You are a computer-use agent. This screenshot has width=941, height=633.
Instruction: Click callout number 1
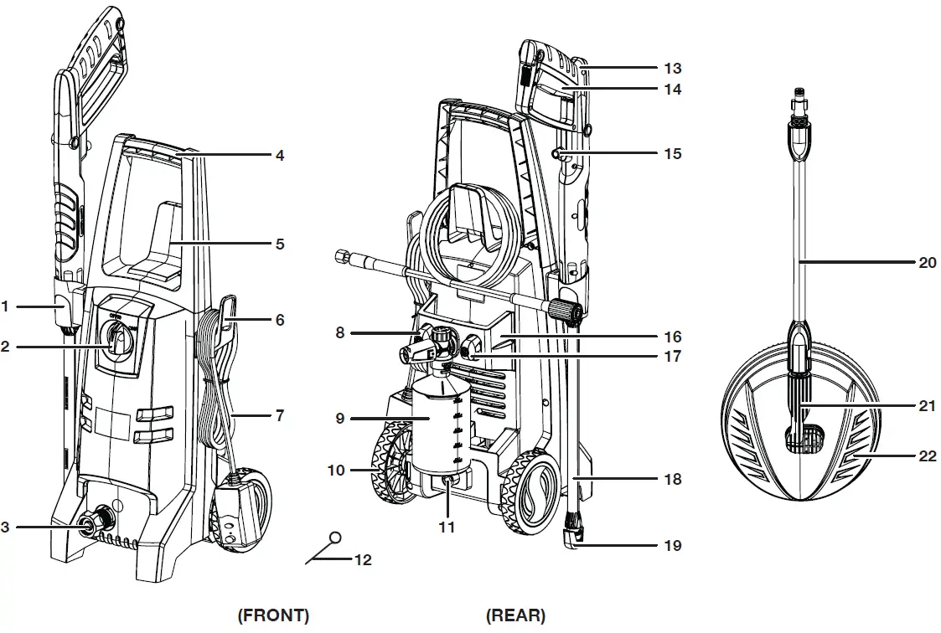[x=5, y=307]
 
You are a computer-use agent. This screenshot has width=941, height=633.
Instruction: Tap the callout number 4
[x=280, y=155]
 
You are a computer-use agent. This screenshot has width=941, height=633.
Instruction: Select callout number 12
[x=364, y=560]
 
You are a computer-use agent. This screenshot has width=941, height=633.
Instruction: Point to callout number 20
[x=927, y=262]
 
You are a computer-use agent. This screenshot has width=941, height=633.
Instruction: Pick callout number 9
[x=340, y=417]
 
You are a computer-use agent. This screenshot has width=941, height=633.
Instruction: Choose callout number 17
[x=672, y=356]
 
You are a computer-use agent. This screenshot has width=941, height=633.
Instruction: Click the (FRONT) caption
[x=273, y=615]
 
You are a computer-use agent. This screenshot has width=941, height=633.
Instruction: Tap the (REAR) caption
[x=515, y=615]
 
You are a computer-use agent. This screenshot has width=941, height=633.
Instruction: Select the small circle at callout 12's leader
[x=336, y=537]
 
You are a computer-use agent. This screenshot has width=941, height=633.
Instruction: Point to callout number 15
[x=672, y=153]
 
